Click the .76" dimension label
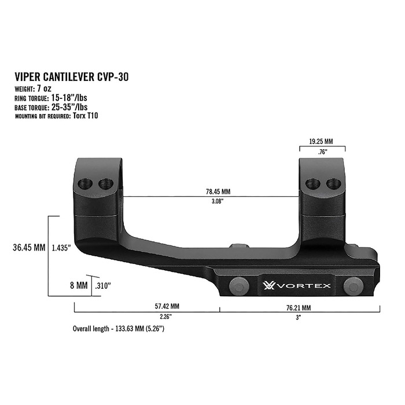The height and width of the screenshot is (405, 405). pyautogui.click(x=322, y=152)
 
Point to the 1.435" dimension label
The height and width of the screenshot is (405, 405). pyautogui.click(x=61, y=248)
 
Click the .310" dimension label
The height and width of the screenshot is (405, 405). pyautogui.click(x=102, y=286)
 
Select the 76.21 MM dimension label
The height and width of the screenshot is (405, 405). pyautogui.click(x=298, y=307)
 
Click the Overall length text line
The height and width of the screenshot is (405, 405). pyautogui.click(x=120, y=329)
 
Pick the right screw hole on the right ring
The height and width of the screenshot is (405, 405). pyautogui.click(x=332, y=184)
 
